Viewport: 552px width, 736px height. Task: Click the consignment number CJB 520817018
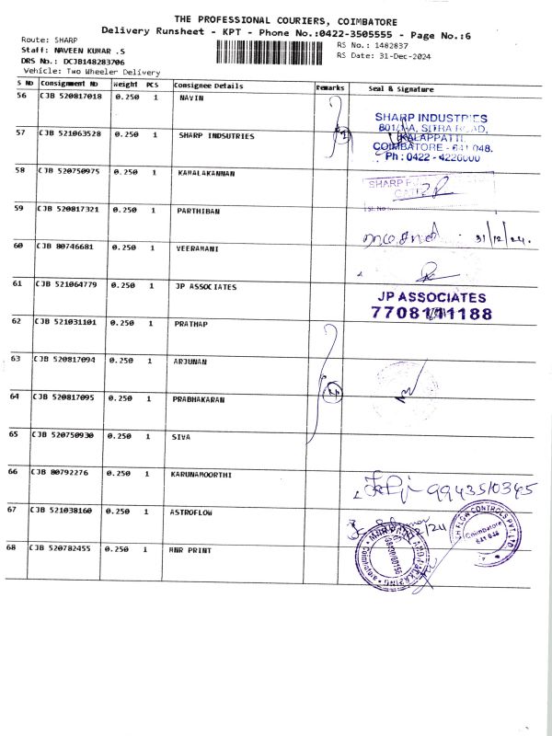70,97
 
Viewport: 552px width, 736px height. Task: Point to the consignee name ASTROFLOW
194,512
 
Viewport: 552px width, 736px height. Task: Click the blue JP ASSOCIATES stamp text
431,297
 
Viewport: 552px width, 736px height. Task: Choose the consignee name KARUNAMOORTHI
201,475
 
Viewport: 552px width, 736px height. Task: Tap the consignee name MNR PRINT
190,549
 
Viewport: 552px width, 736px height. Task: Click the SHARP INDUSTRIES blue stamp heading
431,118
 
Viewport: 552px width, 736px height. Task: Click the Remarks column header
329,87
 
